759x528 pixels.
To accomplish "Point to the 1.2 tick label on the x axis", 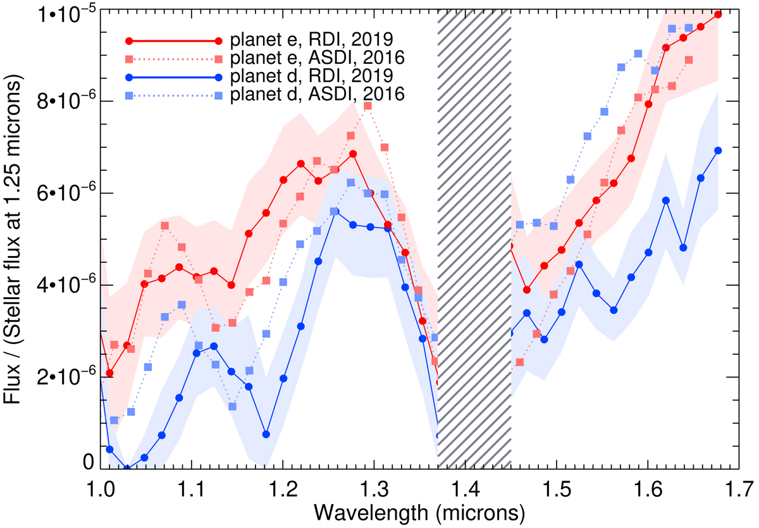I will click(283, 488).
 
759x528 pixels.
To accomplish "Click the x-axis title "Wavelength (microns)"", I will click(417, 511).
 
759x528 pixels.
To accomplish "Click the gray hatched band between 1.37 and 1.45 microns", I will click(474, 240).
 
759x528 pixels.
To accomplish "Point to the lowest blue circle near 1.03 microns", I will click(127, 469).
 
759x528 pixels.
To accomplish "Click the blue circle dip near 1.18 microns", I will click(266, 434).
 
